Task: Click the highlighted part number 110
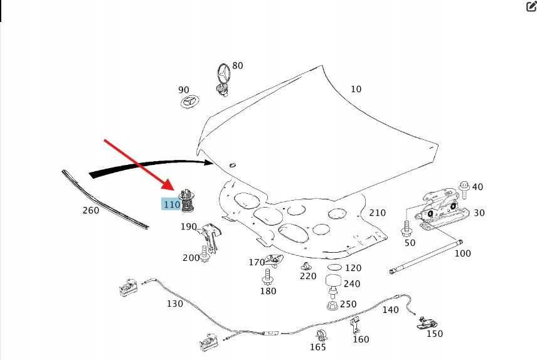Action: click(x=171, y=204)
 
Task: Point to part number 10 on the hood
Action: click(x=356, y=89)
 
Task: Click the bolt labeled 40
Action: click(x=464, y=186)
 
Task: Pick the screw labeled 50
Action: click(x=407, y=227)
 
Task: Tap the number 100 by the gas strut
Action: click(x=462, y=253)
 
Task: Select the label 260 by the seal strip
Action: click(x=91, y=211)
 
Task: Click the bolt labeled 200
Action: click(x=205, y=256)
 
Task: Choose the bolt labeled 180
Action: click(x=268, y=276)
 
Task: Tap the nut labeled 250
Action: click(x=332, y=305)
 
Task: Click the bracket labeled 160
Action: click(x=355, y=326)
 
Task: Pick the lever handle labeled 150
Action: click(x=427, y=322)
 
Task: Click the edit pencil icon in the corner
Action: click(x=529, y=7)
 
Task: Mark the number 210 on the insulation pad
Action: click(x=377, y=213)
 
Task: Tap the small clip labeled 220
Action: click(x=306, y=265)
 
